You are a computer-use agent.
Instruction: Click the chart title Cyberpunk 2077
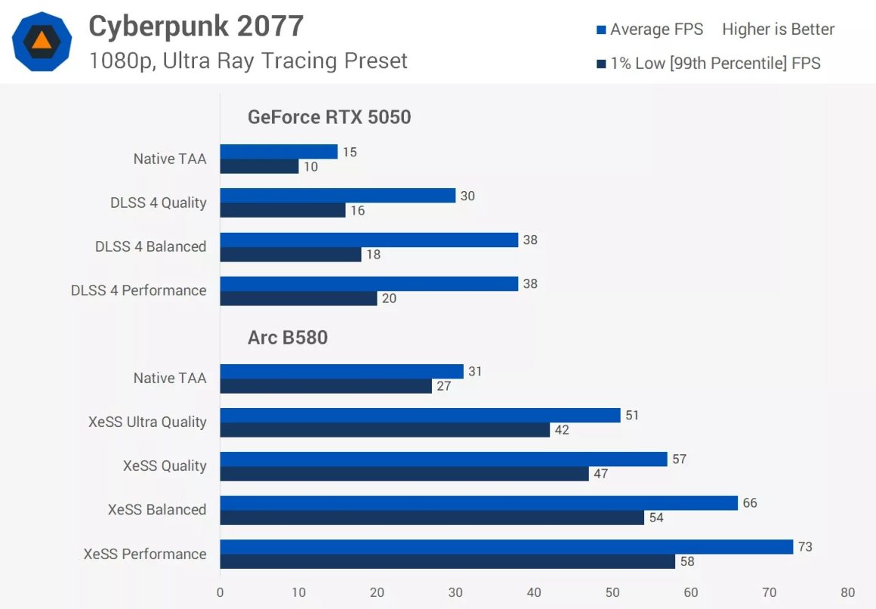pos(196,26)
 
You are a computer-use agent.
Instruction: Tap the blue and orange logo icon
pos(42,42)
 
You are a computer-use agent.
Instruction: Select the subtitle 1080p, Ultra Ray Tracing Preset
pos(248,60)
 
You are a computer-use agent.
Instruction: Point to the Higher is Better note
pos(778,29)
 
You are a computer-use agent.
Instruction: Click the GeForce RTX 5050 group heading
pos(329,117)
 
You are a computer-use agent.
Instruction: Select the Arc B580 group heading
pos(288,337)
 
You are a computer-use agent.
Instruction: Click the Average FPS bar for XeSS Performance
pos(507,547)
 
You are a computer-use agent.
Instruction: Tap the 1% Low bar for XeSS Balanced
pos(432,518)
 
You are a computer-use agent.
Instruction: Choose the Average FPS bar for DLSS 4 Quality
pos(338,196)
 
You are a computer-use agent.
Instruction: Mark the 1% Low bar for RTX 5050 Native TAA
pos(259,166)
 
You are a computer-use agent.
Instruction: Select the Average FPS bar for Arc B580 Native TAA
pos(341,372)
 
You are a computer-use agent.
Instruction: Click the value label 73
pos(805,546)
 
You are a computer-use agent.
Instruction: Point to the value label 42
pos(561,430)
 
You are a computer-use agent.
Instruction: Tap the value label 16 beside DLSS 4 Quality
pos(357,211)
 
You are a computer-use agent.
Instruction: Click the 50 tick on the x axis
pos(612,592)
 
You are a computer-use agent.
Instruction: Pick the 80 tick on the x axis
pos(848,592)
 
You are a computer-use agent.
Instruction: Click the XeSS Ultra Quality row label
pos(147,422)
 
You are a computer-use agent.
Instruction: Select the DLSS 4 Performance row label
pos(138,290)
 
